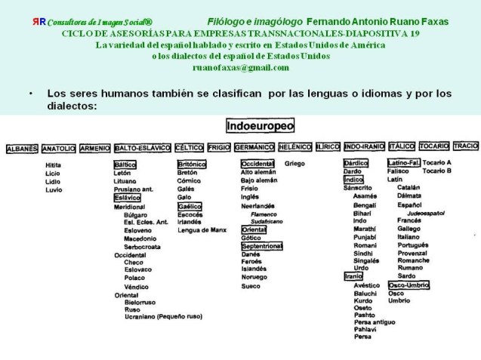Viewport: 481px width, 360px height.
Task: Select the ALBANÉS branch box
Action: pyautogui.click(x=21, y=149)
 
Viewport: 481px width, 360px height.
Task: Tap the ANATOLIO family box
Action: pyautogui.click(x=58, y=149)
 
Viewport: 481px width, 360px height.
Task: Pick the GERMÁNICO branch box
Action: pyautogui.click(x=254, y=147)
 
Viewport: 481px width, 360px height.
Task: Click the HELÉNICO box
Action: pyautogui.click(x=294, y=146)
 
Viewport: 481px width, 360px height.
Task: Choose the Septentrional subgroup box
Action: pyautogui.click(x=261, y=246)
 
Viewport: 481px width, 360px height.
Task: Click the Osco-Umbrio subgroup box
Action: pyautogui.click(x=409, y=285)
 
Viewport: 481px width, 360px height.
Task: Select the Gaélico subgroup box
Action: pyautogui.click(x=190, y=205)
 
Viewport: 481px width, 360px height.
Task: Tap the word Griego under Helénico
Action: pyautogui.click(x=294, y=163)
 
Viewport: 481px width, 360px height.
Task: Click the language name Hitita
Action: pyautogui.click(x=53, y=165)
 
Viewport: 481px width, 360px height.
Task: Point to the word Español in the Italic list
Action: pyautogui.click(x=409, y=205)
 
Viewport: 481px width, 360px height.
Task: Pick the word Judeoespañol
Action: pyautogui.click(x=420, y=214)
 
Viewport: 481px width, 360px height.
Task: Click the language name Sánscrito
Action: pyautogui.click(x=358, y=188)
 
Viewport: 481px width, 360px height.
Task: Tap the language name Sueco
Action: pyautogui.click(x=251, y=286)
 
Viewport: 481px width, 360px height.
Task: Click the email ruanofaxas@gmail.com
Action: pyautogui.click(x=240, y=66)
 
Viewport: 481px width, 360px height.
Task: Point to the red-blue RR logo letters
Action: pyautogui.click(x=39, y=21)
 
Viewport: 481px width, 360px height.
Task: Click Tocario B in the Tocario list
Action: pyautogui.click(x=437, y=171)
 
